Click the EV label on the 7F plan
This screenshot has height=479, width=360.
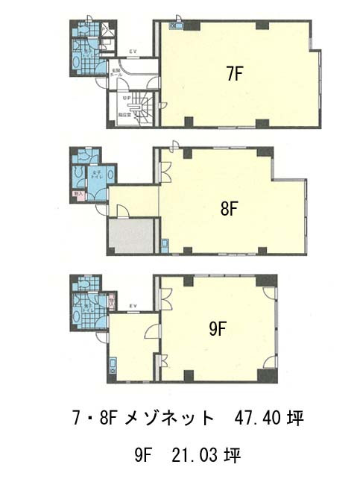[x=132, y=51]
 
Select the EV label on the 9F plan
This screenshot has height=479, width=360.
[x=135, y=305]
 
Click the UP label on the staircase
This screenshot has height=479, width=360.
[x=127, y=96]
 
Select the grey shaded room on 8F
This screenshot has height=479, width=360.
[x=130, y=237]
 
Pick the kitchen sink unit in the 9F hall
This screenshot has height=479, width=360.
[x=113, y=366]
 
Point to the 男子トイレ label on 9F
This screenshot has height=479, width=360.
[x=88, y=305]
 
